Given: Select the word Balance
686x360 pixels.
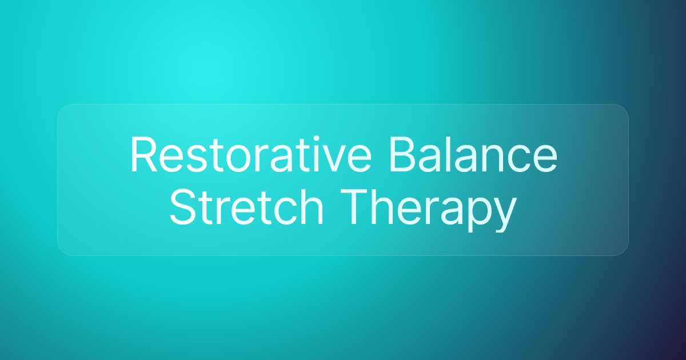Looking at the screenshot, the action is [473, 154].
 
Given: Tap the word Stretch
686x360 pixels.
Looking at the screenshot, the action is [246, 207].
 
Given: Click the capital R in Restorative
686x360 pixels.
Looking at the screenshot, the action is [144, 154].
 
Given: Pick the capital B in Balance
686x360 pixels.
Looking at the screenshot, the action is [402, 154].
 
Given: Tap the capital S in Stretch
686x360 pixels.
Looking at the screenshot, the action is [183, 207].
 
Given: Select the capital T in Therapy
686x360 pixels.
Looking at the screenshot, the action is [354, 207].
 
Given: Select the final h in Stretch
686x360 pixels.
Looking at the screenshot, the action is [312, 206].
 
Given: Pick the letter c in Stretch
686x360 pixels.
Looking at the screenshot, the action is [284, 212].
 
